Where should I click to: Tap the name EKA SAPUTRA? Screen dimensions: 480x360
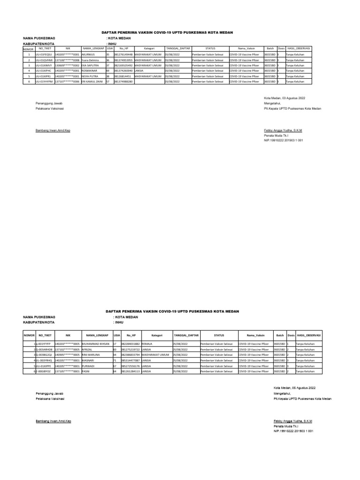pos(90,65)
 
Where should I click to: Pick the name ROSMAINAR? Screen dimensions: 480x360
pos(90,71)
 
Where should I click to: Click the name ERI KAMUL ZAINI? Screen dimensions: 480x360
pos(92,82)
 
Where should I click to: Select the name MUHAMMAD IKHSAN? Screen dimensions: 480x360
pos(95,344)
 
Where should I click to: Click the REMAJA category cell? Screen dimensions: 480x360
pos(148,344)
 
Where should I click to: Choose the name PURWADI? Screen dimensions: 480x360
pos(89,366)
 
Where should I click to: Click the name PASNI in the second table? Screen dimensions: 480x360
pos(86,371)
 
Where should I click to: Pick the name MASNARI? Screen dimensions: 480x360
pos(89,360)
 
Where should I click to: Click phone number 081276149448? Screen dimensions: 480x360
pos(123,54)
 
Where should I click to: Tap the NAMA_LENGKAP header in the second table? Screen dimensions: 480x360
pos(97,336)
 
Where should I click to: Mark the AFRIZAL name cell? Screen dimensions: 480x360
pos(87,349)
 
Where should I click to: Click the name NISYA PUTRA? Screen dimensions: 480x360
pos(90,76)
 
